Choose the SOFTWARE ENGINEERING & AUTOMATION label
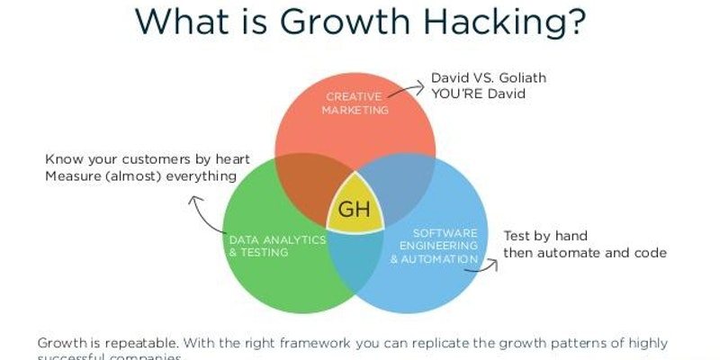point(434,246)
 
